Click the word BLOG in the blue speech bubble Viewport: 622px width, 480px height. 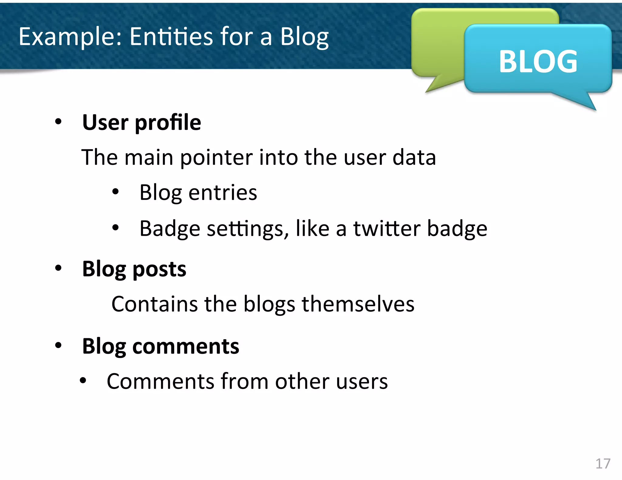click(x=538, y=61)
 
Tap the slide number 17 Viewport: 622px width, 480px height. click(x=603, y=464)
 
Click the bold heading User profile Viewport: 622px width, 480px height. click(x=142, y=122)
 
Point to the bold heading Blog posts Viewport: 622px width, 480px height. click(x=134, y=269)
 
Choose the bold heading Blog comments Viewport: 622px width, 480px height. click(x=161, y=346)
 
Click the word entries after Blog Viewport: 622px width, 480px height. click(x=223, y=193)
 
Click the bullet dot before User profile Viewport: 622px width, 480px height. click(x=58, y=122)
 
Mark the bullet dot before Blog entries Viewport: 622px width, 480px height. click(x=115, y=192)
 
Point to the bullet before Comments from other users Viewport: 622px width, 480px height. click(x=83, y=380)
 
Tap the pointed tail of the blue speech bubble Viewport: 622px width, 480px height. click(x=585, y=102)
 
